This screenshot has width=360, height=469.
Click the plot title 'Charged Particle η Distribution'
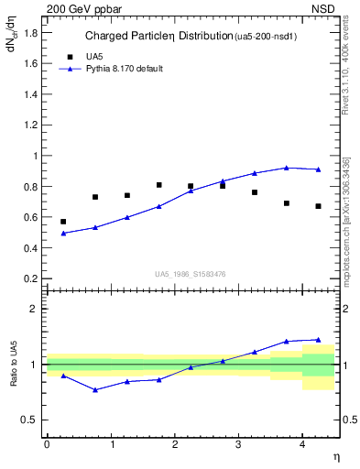[158, 38]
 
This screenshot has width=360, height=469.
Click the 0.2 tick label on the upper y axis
[31, 278]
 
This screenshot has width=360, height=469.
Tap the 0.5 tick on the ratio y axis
[31, 420]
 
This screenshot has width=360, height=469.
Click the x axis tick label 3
[238, 443]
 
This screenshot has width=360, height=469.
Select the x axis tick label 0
[47, 443]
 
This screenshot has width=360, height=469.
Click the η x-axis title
[335, 456]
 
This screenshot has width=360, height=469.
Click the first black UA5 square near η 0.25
[63, 222]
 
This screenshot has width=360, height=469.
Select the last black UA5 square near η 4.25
[319, 206]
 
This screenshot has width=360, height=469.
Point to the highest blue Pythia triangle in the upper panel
[287, 168]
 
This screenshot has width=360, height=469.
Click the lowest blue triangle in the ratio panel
[95, 390]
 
